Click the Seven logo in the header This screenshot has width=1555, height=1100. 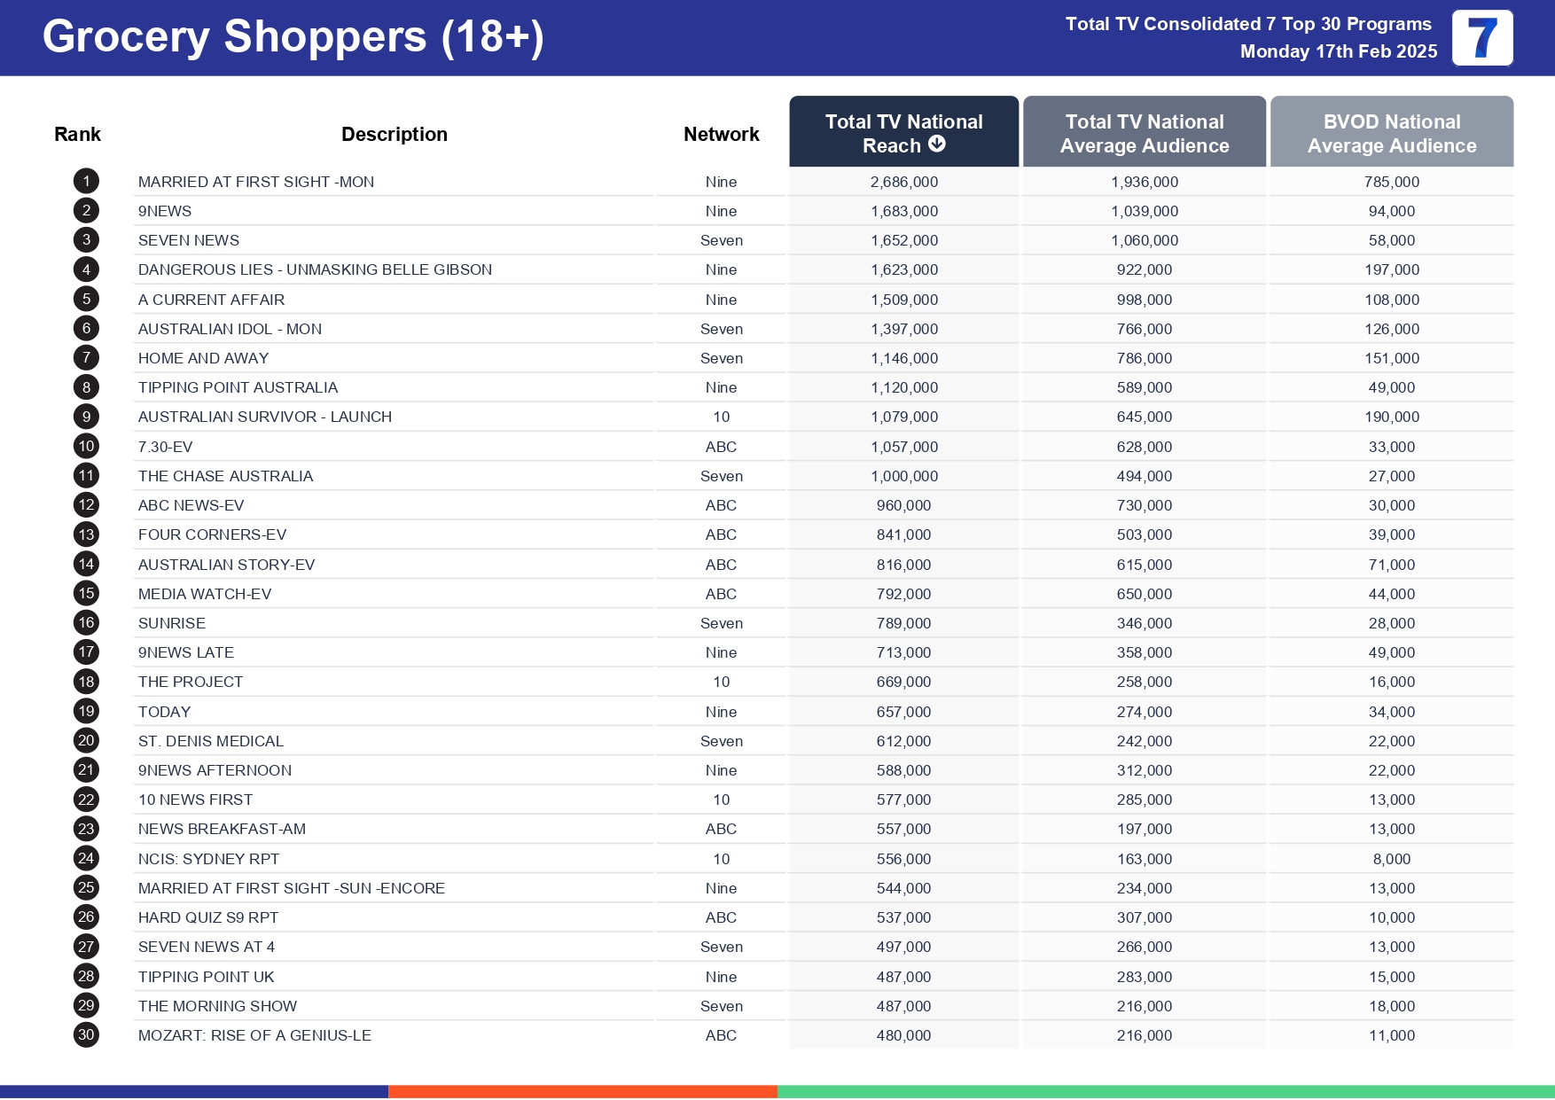coord(1482,38)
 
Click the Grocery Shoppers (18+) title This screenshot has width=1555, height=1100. coord(293,37)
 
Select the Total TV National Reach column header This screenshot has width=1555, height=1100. coord(903,133)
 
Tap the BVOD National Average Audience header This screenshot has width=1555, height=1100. coord(1392,133)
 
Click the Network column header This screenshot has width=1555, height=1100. coord(721,135)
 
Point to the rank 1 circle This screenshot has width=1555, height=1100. coord(86,182)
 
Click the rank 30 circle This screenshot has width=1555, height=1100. coord(86,1035)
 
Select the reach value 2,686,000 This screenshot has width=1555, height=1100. coord(903,182)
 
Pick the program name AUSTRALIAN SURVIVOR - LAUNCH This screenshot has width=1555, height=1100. coord(264,417)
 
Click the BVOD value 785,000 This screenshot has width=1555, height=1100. coord(1392,182)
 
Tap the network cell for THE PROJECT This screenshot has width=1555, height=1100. coord(721,682)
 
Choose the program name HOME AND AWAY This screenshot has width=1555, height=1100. coord(203,358)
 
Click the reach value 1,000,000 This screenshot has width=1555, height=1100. coord(903,476)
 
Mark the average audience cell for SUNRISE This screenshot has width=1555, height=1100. coord(1144,623)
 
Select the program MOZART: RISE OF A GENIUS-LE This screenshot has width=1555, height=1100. coord(254,1035)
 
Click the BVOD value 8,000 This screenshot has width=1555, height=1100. coord(1392,859)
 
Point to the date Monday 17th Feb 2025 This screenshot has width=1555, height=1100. coord(1338,51)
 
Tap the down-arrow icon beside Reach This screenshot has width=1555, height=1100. coord(937,144)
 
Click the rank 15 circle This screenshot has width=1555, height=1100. coord(86,594)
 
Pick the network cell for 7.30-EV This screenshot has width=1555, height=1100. coord(721,447)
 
